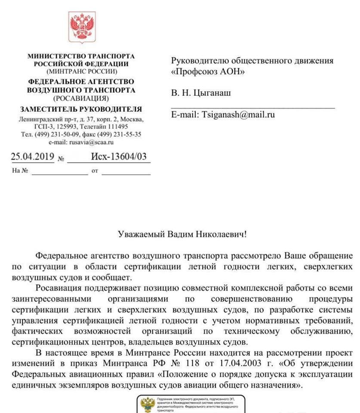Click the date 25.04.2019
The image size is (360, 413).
click(x=32, y=157)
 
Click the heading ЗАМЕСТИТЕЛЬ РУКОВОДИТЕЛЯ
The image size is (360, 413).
click(x=81, y=109)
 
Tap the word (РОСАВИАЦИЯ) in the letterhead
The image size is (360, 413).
click(x=81, y=98)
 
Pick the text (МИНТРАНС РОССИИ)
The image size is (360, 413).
click(x=81, y=71)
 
